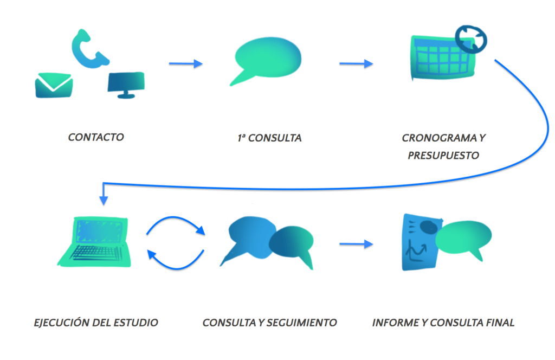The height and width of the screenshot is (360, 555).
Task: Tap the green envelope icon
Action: [53, 86]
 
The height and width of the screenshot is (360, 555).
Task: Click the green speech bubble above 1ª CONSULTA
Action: [266, 59]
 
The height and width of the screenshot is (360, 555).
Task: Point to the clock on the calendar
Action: [470, 38]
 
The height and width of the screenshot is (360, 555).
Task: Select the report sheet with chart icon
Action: [420, 243]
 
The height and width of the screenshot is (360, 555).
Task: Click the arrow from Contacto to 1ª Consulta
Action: [185, 64]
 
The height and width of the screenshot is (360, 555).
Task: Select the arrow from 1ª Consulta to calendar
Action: [356, 64]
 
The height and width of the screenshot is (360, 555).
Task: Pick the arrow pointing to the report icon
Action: [356, 245]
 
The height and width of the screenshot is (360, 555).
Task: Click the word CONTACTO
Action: [96, 137]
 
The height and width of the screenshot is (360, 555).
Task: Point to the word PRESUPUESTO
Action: [443, 155]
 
